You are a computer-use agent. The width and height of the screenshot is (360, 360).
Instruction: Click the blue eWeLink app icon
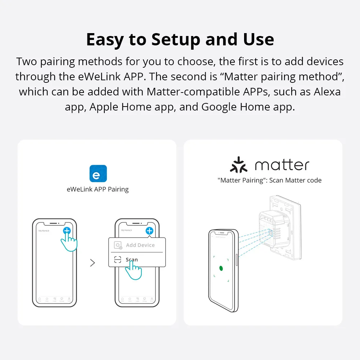coord(98,174)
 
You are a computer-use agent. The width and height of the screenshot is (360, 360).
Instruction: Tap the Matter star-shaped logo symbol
coord(239,165)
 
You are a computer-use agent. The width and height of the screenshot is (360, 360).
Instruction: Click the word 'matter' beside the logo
coord(282,165)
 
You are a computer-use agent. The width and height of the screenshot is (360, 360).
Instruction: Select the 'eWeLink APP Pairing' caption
coord(98,189)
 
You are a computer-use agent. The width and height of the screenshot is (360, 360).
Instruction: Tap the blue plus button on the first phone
coord(67,231)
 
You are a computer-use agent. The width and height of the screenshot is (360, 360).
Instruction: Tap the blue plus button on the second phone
coord(149,231)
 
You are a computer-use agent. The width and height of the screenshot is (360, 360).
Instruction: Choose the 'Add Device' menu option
coord(140,245)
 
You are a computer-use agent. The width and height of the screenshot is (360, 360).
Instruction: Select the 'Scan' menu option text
coord(132,260)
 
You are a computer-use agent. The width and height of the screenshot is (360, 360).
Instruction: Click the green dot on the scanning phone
coord(221,268)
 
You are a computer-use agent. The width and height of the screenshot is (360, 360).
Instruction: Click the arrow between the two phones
coord(93,263)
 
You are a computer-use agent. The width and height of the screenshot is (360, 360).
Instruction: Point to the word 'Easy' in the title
coord(106,40)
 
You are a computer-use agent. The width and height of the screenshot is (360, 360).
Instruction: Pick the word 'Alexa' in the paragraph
coord(327,91)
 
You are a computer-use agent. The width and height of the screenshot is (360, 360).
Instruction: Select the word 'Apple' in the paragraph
coord(104,107)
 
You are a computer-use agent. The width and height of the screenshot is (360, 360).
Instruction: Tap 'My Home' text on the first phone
coord(44,230)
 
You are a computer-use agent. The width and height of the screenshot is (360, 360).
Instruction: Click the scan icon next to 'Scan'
coord(118,260)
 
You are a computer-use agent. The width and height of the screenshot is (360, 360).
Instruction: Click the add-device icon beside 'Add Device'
coord(118,246)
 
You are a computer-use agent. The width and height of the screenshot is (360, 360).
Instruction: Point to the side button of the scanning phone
coord(236,260)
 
